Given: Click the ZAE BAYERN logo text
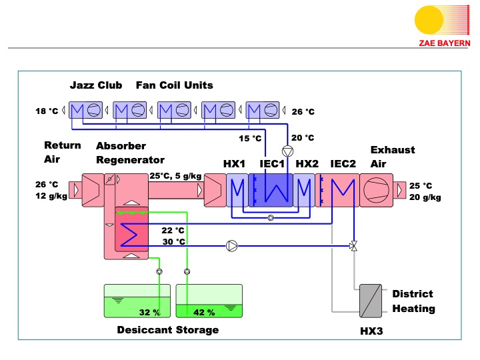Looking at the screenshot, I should pyautogui.click(x=444, y=43).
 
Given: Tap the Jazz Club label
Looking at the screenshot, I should pyautogui.click(x=96, y=85).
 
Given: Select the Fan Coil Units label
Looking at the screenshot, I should pyautogui.click(x=175, y=85).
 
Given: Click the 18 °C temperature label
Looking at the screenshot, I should pyautogui.click(x=46, y=111).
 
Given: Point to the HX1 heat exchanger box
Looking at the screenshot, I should pyautogui.click(x=237, y=191).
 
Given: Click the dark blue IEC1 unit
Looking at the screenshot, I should pyautogui.click(x=271, y=191).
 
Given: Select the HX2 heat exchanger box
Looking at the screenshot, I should pyautogui.click(x=305, y=191).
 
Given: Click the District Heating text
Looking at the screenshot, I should pyautogui.click(x=413, y=301).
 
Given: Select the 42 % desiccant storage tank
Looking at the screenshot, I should pyautogui.click(x=209, y=301).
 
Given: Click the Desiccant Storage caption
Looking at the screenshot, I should pyautogui.click(x=167, y=330).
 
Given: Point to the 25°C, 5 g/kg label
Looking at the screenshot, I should pyautogui.click(x=175, y=176).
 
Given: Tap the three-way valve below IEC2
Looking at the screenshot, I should pyautogui.click(x=353, y=246).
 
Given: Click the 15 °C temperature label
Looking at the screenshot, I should pyautogui.click(x=251, y=139).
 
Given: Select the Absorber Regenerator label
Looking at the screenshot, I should pyautogui.click(x=129, y=153).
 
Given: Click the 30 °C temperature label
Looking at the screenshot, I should pyautogui.click(x=173, y=241).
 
